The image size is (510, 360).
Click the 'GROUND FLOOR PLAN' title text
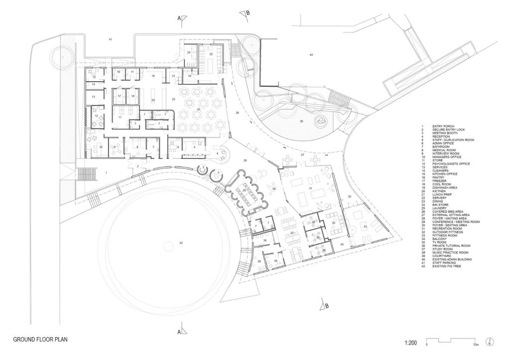pos(40,339)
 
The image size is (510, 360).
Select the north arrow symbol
pos(491,343)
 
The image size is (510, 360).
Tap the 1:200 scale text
pos(410,343)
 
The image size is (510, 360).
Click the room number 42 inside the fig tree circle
pos(181,242)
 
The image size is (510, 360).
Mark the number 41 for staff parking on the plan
pos(111,39)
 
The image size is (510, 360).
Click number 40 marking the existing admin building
pos(311,54)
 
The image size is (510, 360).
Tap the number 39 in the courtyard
pos(301,121)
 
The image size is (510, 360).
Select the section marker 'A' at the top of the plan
pos(179,18)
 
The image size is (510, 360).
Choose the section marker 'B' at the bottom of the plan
pos(326,306)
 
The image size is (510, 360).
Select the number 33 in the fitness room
pos(365,227)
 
